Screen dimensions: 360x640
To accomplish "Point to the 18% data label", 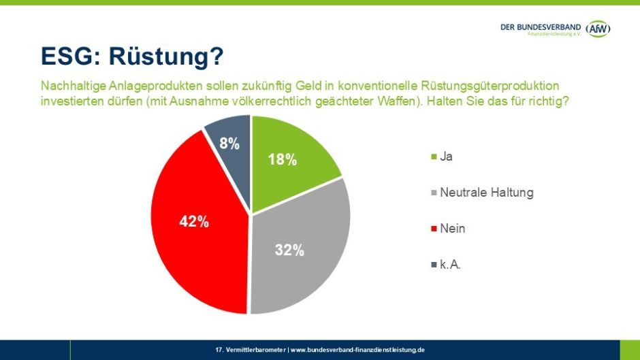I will click(282, 160).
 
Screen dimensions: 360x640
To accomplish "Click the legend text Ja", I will click(447, 157).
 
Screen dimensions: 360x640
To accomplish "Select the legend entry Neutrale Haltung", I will click(486, 193).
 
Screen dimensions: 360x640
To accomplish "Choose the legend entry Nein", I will click(453, 229).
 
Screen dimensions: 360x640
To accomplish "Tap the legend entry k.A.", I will click(451, 265).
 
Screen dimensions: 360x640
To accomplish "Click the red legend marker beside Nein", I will click(434, 229).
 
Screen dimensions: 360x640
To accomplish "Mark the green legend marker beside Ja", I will click(434, 157).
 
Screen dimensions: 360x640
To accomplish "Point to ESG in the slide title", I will click(66, 56).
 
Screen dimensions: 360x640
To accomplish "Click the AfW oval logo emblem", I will click(598, 29).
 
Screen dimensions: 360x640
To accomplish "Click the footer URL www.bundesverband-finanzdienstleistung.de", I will click(358, 350).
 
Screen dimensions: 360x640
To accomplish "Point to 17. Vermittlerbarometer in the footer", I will click(251, 350).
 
